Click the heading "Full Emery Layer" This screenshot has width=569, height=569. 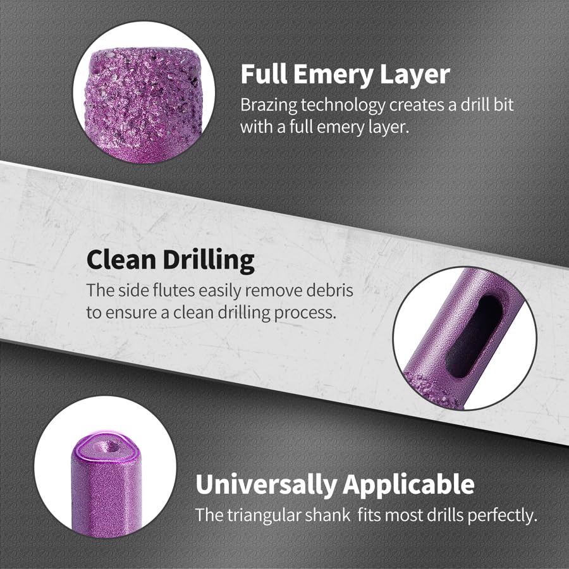coord(345,75)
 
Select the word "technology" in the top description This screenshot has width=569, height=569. coord(343,105)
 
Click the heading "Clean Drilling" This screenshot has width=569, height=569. coord(171,260)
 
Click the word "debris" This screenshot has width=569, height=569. coord(330,290)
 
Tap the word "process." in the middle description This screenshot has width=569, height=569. coord(305,313)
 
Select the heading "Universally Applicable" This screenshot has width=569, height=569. coord(335,485)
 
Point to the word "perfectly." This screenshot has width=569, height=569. coord(502,515)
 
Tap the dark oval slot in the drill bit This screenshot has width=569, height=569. coord(474,336)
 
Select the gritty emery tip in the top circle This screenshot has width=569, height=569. coord(144,98)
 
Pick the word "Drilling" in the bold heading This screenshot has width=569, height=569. coord(209,260)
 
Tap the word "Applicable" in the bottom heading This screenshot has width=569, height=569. coord(408,485)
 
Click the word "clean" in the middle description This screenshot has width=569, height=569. coord(193,313)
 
